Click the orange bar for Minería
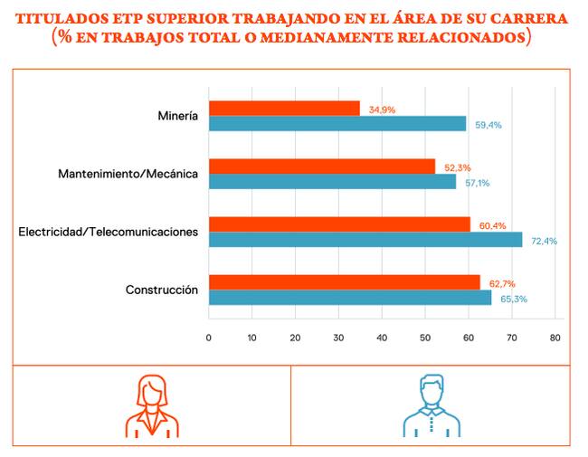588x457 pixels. (284, 109)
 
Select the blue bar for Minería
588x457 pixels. (337, 123)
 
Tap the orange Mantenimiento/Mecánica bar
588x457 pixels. (322, 167)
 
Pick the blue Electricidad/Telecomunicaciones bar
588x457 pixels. (365, 240)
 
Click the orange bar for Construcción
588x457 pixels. (345, 282)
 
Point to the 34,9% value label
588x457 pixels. (382, 109)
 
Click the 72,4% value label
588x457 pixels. (544, 241)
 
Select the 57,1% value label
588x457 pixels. (478, 183)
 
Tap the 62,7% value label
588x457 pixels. (502, 284)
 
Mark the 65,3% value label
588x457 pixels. (514, 299)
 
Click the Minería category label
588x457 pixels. (177, 116)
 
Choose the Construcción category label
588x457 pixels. (162, 290)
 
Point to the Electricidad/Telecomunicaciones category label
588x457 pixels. (108, 232)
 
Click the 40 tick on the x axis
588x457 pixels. (382, 338)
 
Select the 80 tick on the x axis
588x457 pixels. (555, 338)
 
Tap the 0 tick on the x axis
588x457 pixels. (208, 338)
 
